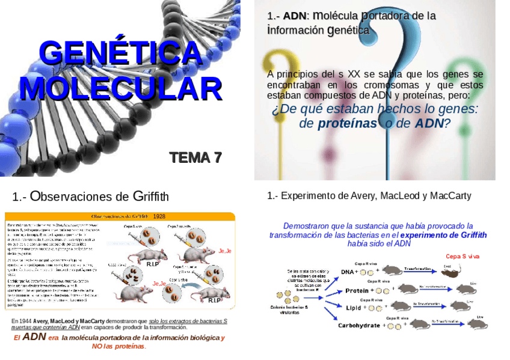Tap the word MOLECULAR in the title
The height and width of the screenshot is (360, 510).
click(120, 88)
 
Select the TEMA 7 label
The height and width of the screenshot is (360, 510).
click(195, 157)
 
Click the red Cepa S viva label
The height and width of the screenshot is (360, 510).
click(462, 257)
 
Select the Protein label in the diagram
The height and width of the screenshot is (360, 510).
click(357, 291)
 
